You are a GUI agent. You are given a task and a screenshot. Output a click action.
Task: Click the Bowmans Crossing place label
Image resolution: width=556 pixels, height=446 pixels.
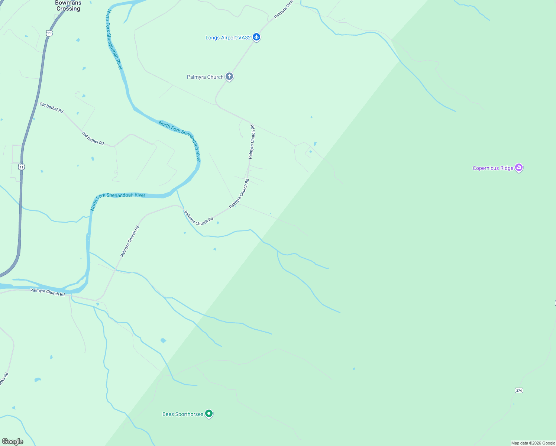pos(68,6)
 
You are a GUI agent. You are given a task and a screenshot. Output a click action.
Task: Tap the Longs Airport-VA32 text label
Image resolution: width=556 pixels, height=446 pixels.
pos(228,38)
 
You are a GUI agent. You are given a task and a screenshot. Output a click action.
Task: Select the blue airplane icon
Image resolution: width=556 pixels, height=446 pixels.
pos(256,37)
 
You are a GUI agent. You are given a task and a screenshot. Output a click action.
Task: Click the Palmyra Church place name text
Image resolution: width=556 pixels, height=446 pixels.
pos(205,77)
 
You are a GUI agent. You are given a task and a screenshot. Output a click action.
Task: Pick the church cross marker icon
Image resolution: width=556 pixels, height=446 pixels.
pos(229,77)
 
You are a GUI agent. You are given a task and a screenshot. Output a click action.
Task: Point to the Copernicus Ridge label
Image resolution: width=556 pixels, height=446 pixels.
pos(493,168)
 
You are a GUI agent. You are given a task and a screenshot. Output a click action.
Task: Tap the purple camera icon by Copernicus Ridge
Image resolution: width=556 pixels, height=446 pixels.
pos(519,168)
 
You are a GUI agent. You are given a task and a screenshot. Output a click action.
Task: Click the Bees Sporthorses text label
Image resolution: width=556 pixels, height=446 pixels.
pos(183,414)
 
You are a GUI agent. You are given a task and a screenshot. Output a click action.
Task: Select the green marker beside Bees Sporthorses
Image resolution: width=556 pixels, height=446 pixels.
pos(209,414)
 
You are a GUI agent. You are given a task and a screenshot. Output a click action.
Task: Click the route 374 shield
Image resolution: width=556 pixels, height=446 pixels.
pos(519,390)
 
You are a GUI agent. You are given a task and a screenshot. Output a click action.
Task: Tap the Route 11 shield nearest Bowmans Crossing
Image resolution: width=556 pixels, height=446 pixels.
pos(49,33)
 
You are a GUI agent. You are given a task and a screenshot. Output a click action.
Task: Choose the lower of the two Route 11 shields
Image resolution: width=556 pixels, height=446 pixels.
pos(22,167)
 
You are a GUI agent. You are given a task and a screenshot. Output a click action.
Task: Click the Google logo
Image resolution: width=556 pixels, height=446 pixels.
pos(13,442)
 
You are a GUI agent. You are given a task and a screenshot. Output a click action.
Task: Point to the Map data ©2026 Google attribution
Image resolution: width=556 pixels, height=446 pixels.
pos(533,443)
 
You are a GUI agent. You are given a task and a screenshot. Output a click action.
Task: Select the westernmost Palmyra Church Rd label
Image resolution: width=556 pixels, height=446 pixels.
pos(48,293)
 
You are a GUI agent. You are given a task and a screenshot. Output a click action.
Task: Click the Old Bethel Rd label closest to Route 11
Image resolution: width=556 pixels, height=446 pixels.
pos(51,108)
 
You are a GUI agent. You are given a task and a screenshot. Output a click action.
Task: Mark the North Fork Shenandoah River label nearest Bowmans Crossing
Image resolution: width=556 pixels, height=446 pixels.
pos(114,39)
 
